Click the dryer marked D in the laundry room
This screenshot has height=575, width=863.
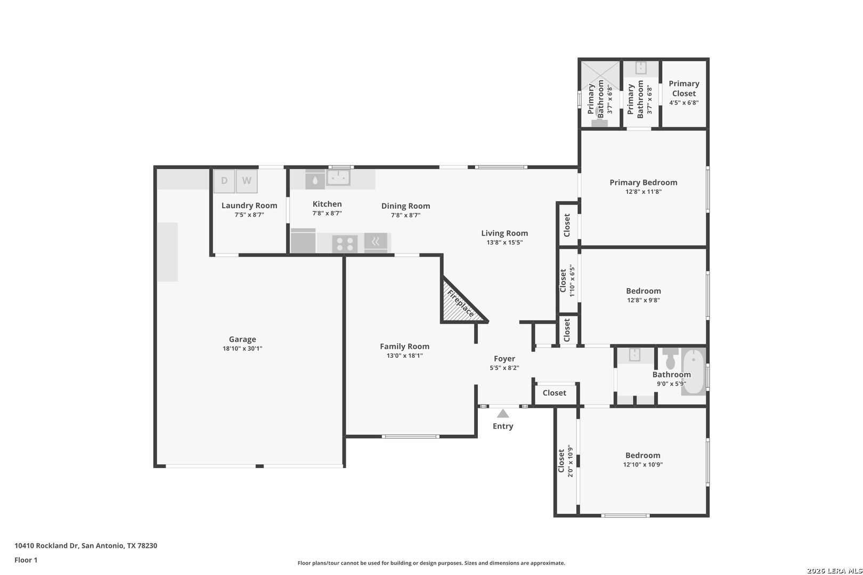pyautogui.click(x=224, y=181)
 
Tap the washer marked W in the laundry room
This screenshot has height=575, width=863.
pyautogui.click(x=247, y=181)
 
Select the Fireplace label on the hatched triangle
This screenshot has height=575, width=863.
pyautogui.click(x=460, y=304)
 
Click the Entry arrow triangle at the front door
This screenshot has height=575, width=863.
pyautogui.click(x=503, y=414)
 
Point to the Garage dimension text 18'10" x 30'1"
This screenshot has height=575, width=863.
pyautogui.click(x=242, y=349)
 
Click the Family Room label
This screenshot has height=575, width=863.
pyautogui.click(x=404, y=346)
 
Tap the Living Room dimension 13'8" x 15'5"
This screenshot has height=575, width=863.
pyautogui.click(x=504, y=242)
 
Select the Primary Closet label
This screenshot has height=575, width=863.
pyautogui.click(x=684, y=88)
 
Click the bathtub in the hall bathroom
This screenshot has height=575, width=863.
pyautogui.click(x=694, y=371)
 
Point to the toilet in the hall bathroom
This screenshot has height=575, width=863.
pyautogui.click(x=671, y=359)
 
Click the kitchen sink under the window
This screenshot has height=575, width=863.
pyautogui.click(x=338, y=177)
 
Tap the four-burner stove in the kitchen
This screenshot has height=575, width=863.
pyautogui.click(x=345, y=244)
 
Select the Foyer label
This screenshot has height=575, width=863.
pyautogui.click(x=504, y=358)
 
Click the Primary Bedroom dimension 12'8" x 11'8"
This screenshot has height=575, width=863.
pyautogui.click(x=644, y=192)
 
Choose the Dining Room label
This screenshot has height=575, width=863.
pyautogui.click(x=406, y=206)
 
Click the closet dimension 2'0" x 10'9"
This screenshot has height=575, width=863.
pyautogui.click(x=571, y=461)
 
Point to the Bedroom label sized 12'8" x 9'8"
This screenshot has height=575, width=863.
pyautogui.click(x=644, y=291)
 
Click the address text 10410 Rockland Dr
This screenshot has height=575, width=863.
pyautogui.click(x=47, y=545)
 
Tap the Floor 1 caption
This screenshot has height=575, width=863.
pyautogui.click(x=26, y=560)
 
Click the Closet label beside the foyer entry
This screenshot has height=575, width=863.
pyautogui.click(x=555, y=393)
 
